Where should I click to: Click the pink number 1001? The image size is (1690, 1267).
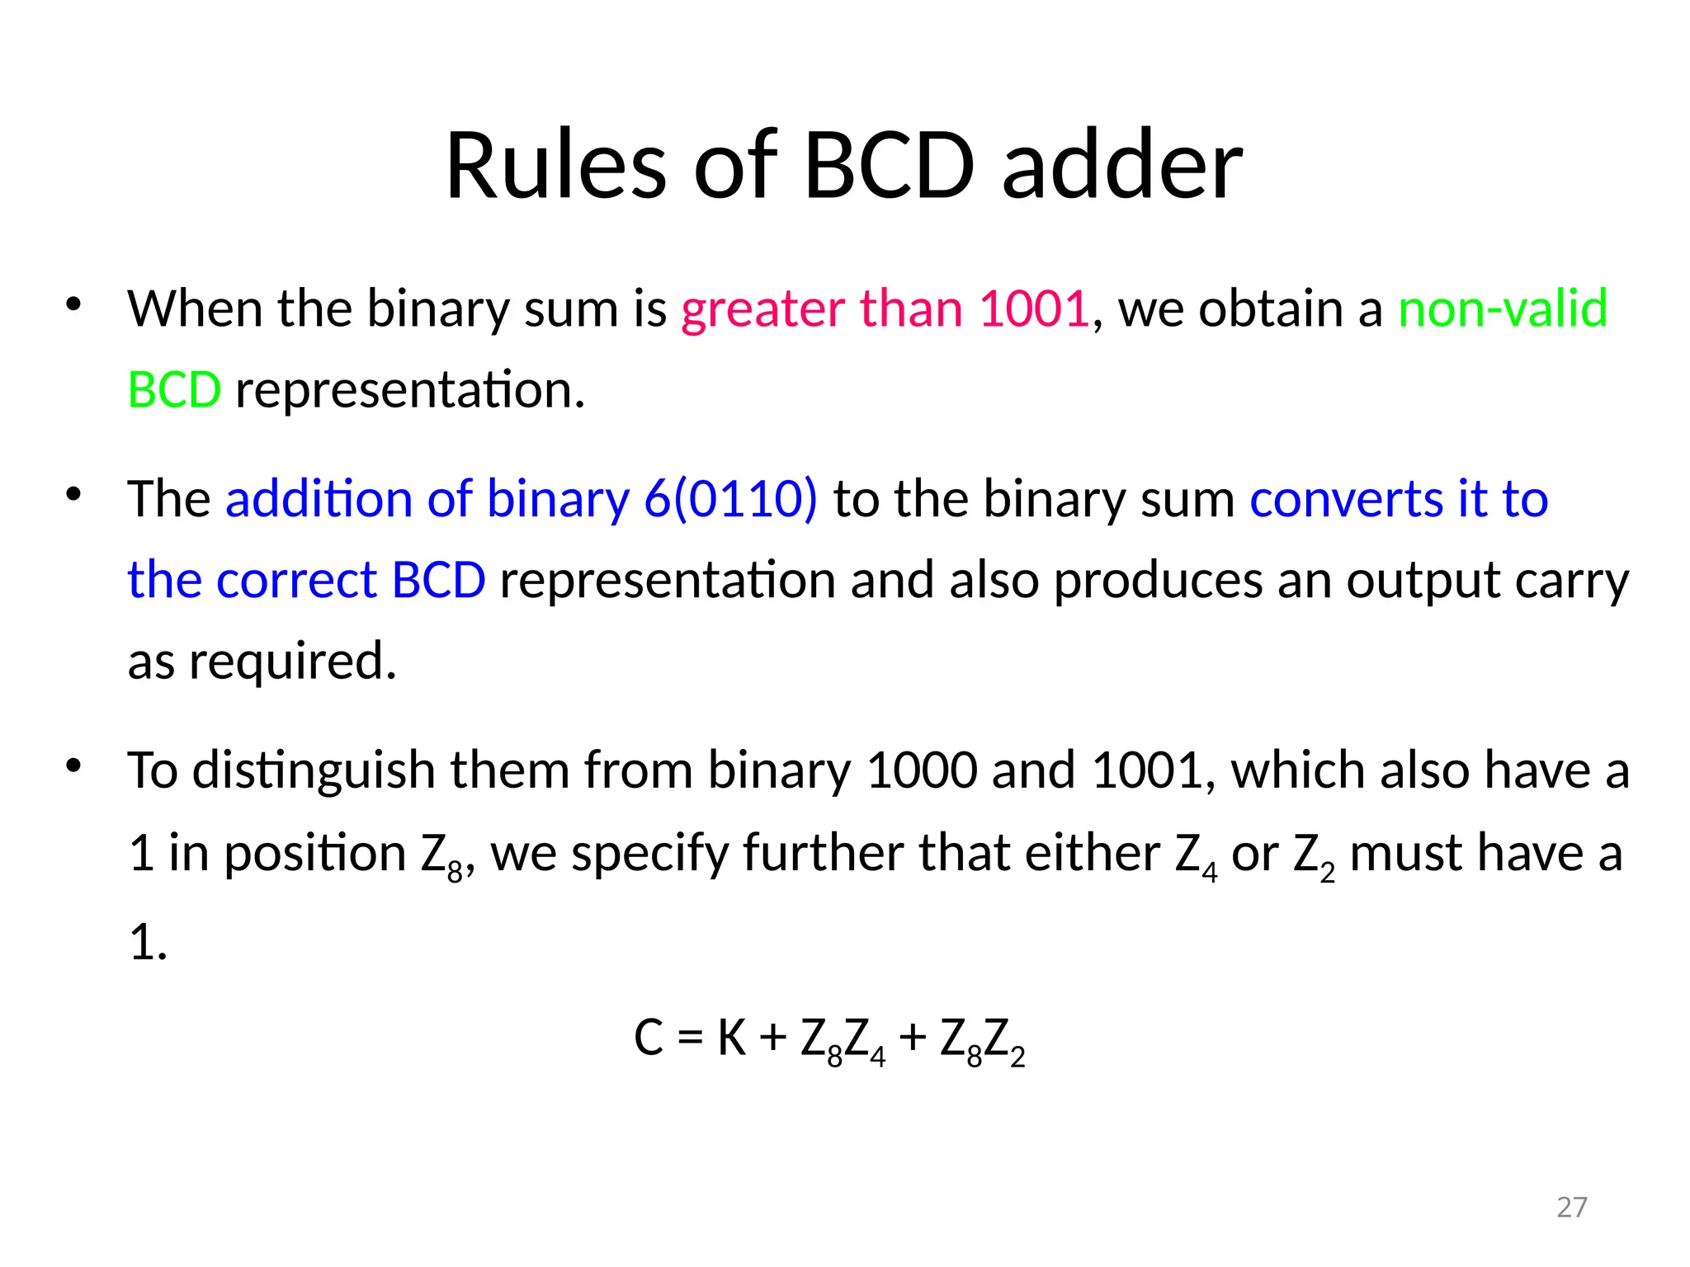(x=1034, y=309)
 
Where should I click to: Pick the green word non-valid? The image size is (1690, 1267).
(x=1503, y=309)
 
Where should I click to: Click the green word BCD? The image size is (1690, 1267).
(x=174, y=389)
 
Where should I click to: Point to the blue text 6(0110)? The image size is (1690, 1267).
(x=731, y=498)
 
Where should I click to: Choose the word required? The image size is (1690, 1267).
(x=292, y=661)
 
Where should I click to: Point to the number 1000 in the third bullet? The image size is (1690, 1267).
(x=922, y=770)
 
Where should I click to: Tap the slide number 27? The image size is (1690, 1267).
(x=1571, y=1207)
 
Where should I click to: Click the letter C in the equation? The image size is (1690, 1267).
(x=649, y=1038)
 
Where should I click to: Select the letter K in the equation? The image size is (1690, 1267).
(x=732, y=1038)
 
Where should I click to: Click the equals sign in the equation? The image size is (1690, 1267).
(x=691, y=1039)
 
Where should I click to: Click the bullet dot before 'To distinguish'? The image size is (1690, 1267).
(x=73, y=766)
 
